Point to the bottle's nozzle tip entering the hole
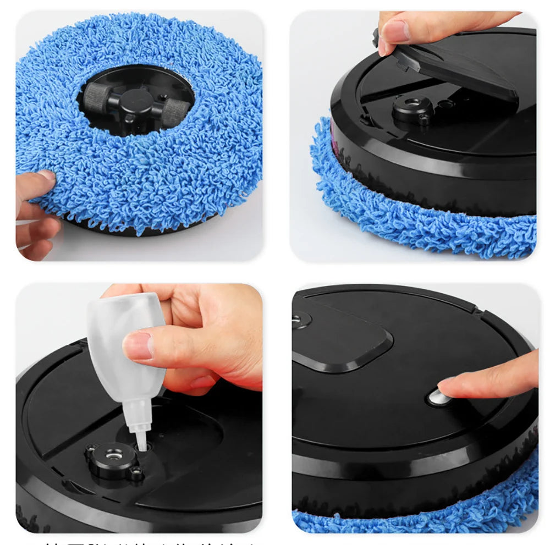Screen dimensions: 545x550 coord(142,442)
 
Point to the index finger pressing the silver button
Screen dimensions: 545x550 coord(490,379)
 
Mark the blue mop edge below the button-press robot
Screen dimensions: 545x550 coord(418,520)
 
